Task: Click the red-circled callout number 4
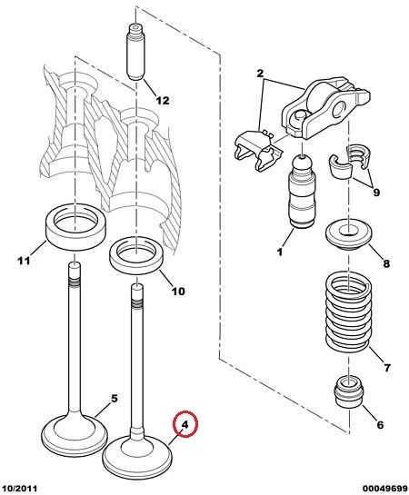click(x=185, y=424)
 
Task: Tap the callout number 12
click(x=163, y=101)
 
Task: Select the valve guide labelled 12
click(x=136, y=52)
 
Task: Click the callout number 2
click(x=260, y=74)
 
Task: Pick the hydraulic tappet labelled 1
click(x=302, y=191)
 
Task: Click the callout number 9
click(x=376, y=192)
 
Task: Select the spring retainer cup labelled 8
click(x=348, y=236)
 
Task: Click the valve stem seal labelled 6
click(x=349, y=391)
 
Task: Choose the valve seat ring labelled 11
click(x=76, y=227)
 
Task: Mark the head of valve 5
click(x=75, y=435)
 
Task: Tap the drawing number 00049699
click(x=384, y=489)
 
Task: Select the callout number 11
click(x=24, y=261)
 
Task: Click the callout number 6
click(x=380, y=425)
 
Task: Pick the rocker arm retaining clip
click(x=257, y=149)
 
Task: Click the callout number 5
click(x=115, y=399)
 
